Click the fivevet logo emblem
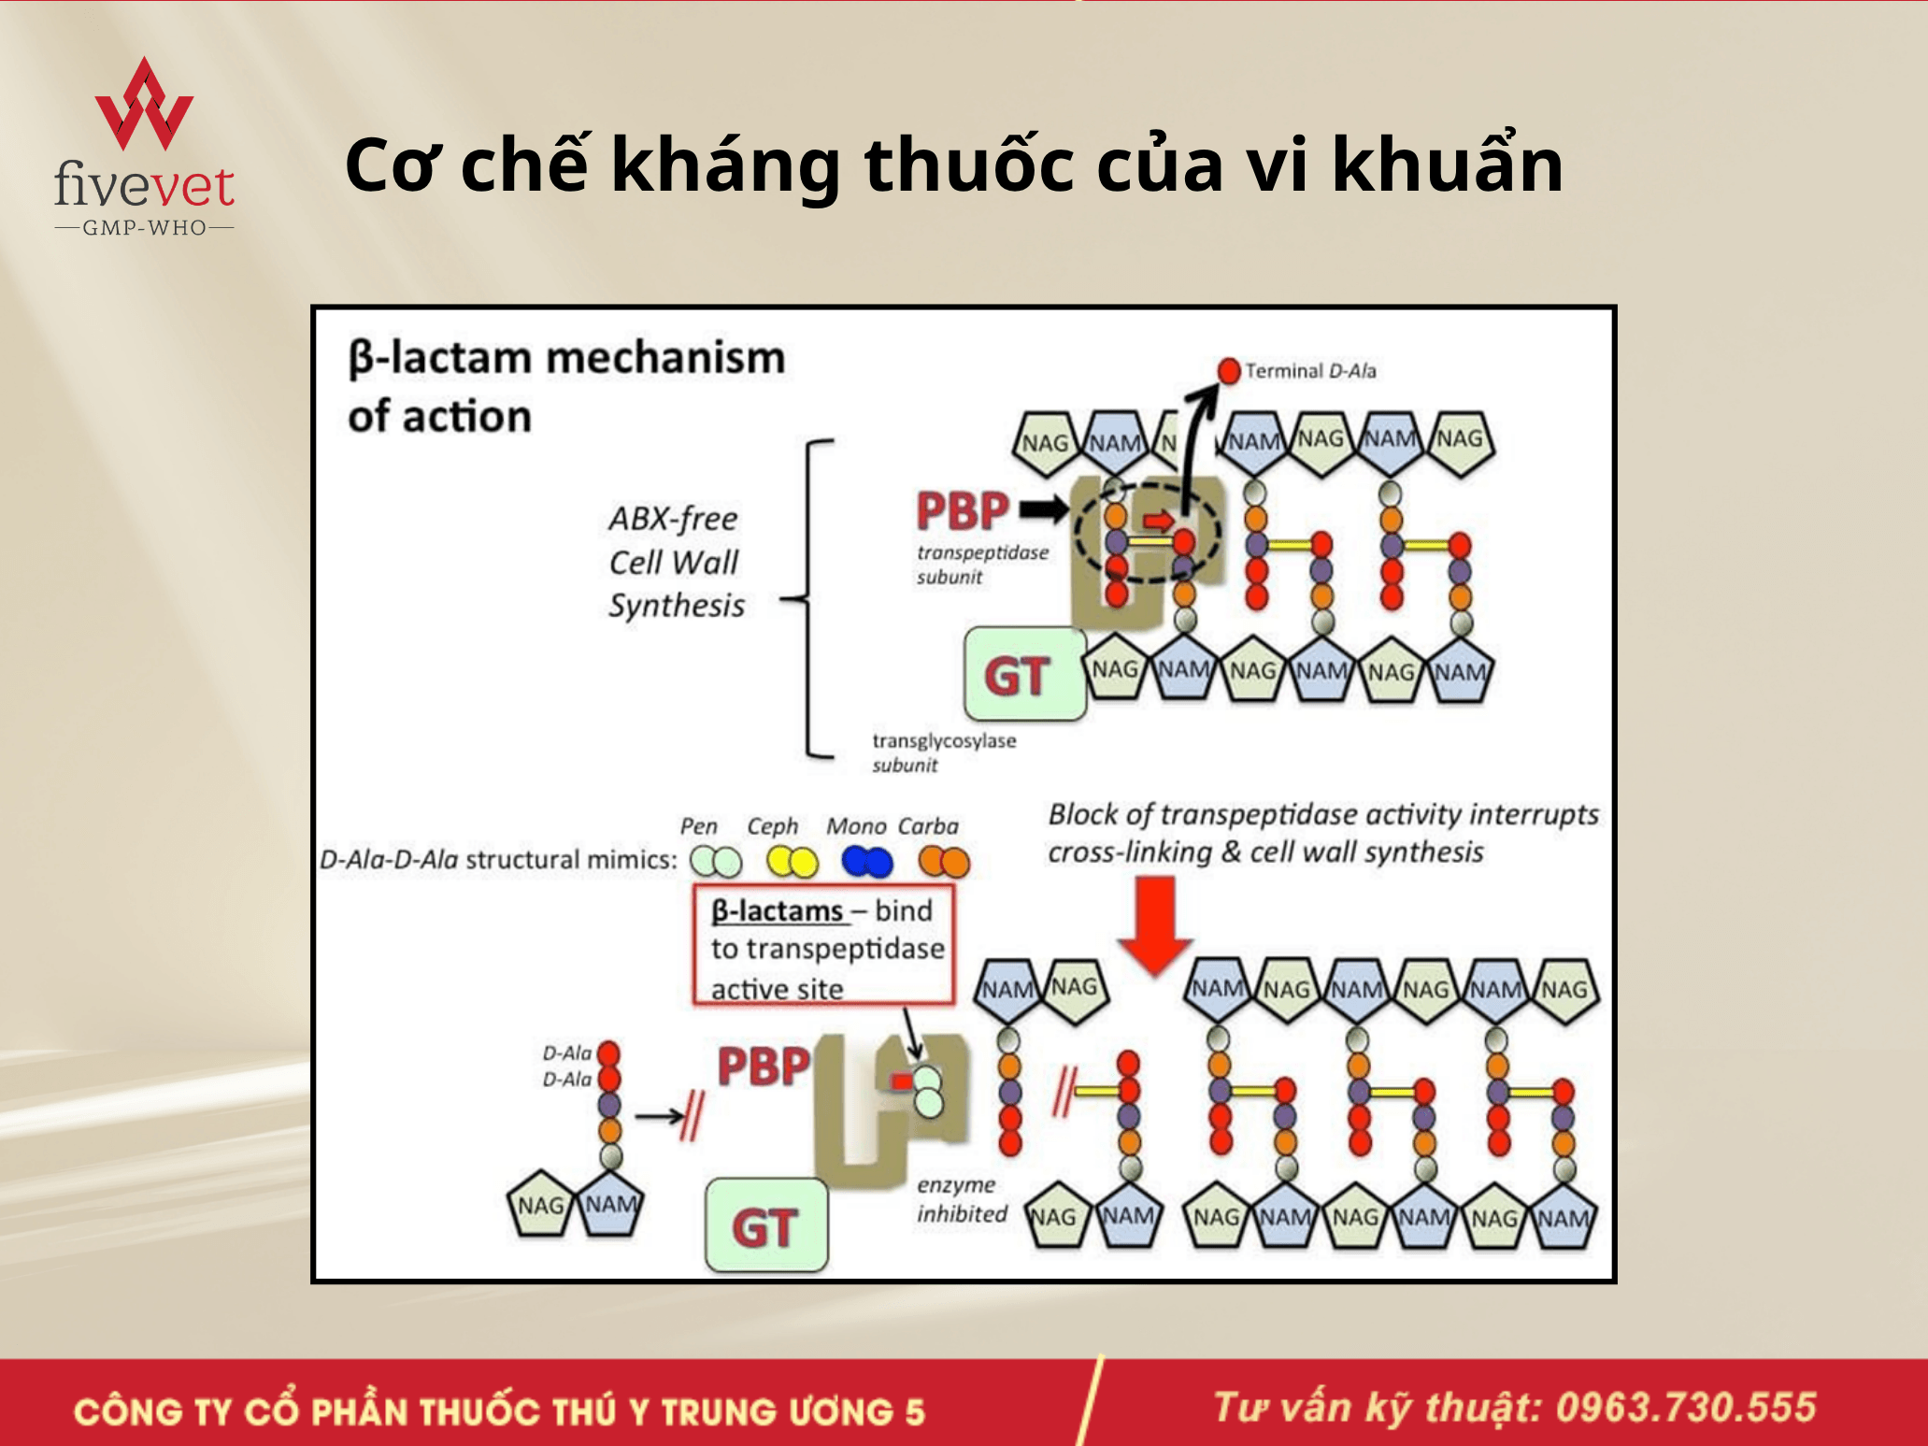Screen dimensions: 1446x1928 (144, 105)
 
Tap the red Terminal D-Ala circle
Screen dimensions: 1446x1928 (1229, 371)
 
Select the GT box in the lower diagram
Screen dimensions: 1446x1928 (766, 1225)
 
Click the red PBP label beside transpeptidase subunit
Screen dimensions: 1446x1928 (962, 511)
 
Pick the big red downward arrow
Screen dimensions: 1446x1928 (1155, 925)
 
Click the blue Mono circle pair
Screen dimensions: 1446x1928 (866, 862)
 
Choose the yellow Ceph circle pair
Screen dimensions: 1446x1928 (792, 862)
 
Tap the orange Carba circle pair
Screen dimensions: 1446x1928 (944, 862)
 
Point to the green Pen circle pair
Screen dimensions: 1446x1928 (716, 862)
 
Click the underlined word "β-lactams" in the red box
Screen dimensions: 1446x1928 (778, 911)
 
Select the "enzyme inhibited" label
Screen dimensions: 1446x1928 (961, 1199)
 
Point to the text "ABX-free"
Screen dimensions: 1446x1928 (673, 519)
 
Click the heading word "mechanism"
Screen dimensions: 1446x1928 (665, 359)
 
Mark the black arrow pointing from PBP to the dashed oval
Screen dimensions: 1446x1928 (1043, 509)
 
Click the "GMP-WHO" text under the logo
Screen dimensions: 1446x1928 (145, 228)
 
